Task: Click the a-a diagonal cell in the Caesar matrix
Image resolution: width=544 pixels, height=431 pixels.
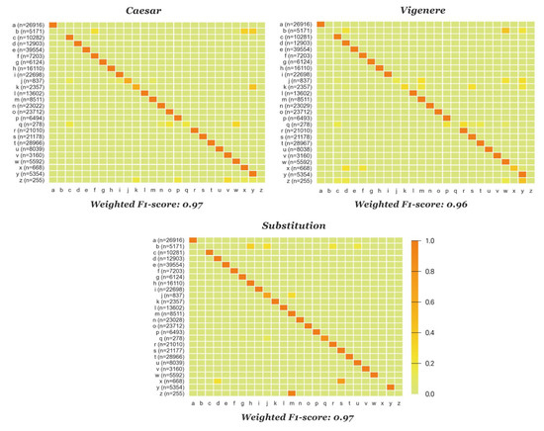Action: click(51, 24)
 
